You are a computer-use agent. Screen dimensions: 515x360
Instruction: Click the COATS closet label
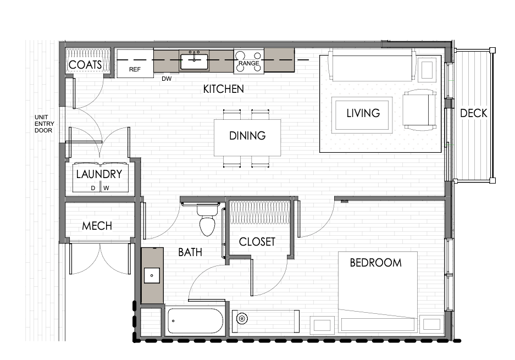coord(85,65)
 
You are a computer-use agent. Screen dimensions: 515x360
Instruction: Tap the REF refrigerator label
coord(135,69)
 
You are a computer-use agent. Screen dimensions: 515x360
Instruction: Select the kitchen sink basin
coord(194,62)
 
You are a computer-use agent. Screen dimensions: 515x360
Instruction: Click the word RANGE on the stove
coord(248,63)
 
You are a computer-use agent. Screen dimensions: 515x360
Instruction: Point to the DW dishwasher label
coord(167,79)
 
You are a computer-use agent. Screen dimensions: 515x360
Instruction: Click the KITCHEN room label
coord(223,89)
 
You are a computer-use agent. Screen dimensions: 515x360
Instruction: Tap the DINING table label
coord(247,136)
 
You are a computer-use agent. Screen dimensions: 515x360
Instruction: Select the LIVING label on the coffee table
coord(363,113)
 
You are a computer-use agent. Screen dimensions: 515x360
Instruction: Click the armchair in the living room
coord(419,110)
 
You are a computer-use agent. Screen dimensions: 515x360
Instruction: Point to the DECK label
coord(474,113)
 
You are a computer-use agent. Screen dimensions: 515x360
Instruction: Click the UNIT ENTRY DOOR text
coord(44,124)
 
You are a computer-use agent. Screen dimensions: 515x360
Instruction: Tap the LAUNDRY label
coord(99,174)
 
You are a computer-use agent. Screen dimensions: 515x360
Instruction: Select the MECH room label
coord(97,226)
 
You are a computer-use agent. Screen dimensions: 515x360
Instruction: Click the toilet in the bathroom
coord(207,219)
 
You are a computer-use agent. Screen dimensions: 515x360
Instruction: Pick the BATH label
coord(190,252)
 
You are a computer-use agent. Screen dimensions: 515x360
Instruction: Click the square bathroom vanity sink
coord(152,275)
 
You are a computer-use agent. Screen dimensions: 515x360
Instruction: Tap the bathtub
coord(196,321)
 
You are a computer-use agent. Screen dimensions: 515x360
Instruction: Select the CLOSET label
coord(257,242)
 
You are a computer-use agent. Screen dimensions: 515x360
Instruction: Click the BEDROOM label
coord(376,263)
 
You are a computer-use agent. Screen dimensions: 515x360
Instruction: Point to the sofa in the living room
coord(372,65)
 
